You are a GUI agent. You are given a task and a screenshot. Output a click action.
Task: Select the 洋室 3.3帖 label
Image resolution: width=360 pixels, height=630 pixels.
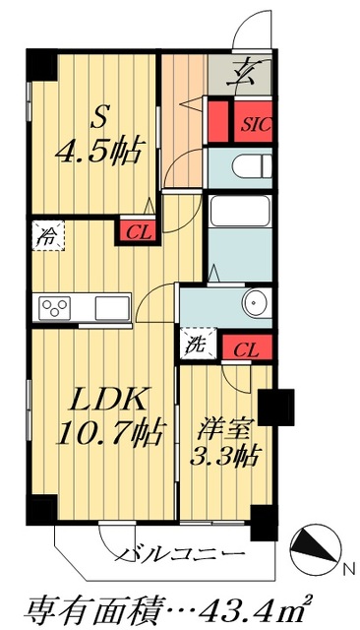click(224, 442)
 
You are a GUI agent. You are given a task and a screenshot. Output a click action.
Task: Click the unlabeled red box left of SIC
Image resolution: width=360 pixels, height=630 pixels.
click(218, 118)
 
